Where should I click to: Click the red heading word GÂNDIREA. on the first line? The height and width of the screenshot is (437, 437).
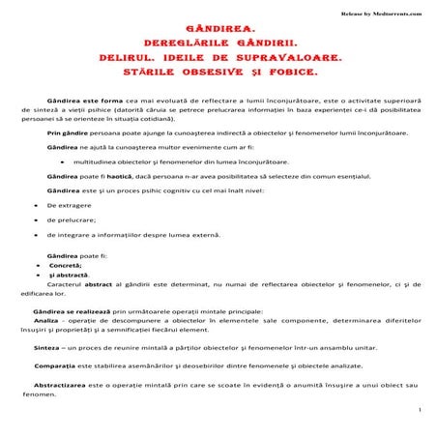[x=218, y=30]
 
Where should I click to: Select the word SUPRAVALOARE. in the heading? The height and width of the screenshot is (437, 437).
[x=280, y=58]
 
